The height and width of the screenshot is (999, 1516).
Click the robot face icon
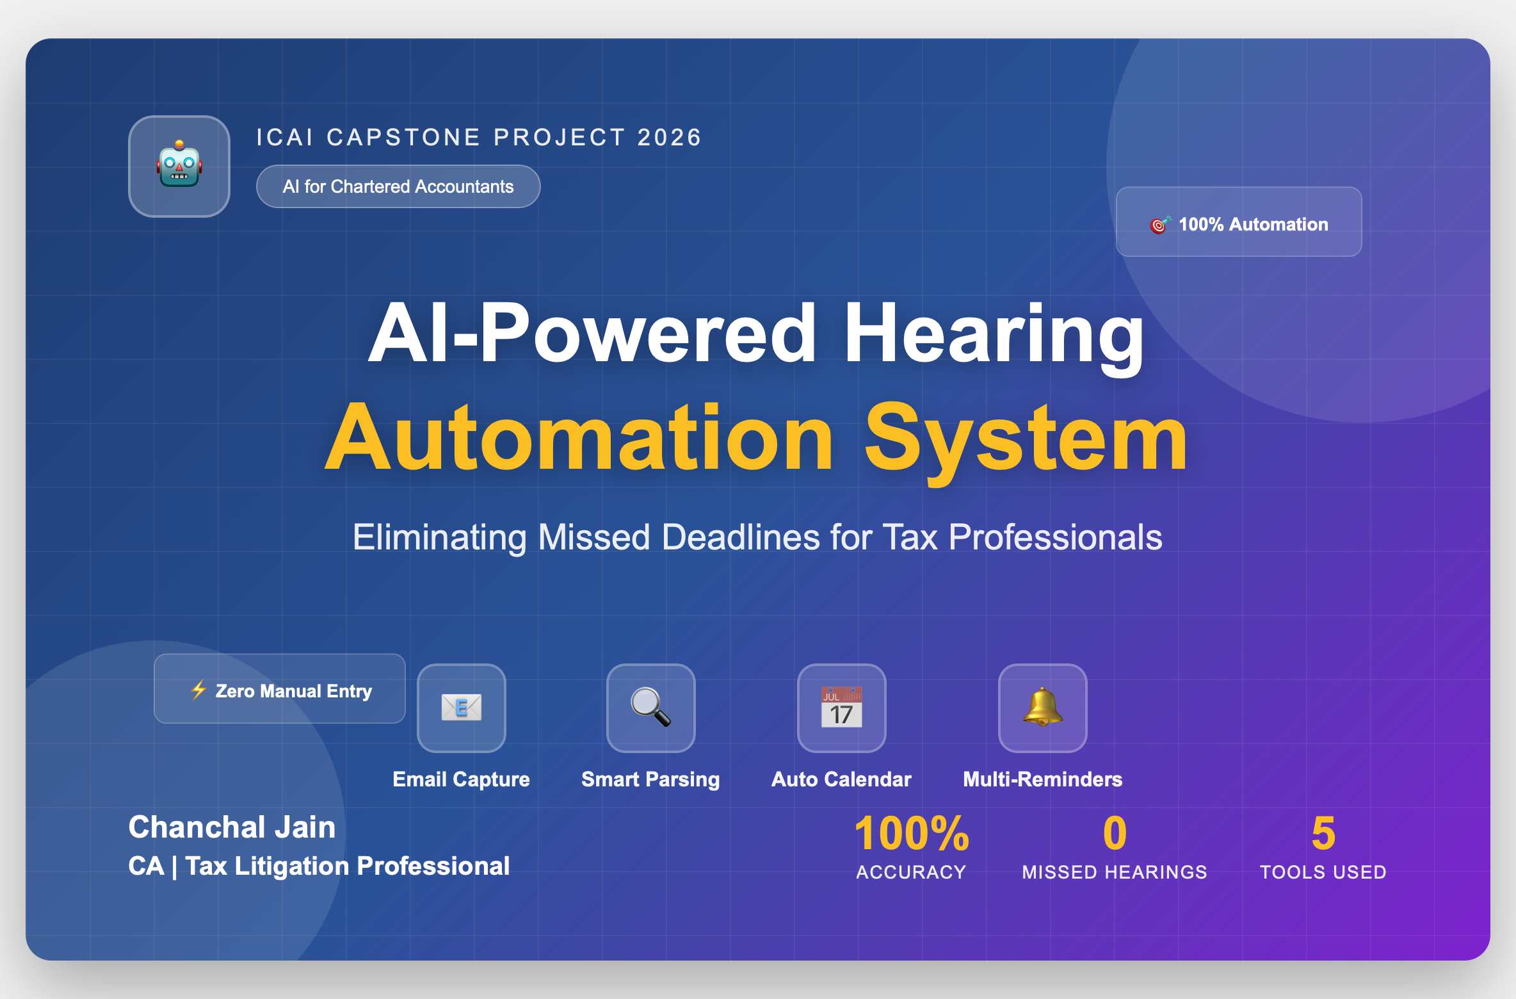[179, 165]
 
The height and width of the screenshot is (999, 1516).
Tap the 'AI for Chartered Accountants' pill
[398, 186]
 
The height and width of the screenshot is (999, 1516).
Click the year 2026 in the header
[670, 137]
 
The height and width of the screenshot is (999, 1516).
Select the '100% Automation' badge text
[1253, 224]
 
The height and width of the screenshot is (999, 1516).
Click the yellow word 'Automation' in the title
[580, 439]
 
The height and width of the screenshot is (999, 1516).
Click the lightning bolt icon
[198, 690]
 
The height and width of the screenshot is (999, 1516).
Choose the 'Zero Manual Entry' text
[294, 691]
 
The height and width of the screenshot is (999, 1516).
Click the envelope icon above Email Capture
[462, 708]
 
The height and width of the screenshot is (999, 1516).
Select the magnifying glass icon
[650, 707]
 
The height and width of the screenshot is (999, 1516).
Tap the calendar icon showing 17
[841, 707]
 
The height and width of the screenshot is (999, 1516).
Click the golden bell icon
[1043, 707]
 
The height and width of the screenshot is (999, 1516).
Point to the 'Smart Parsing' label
[650, 779]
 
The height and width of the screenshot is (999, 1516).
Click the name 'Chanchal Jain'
[232, 827]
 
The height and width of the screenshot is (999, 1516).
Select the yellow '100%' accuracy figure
[912, 833]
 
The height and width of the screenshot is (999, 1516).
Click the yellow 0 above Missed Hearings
[1115, 833]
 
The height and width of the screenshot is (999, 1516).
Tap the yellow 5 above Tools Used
[1323, 833]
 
